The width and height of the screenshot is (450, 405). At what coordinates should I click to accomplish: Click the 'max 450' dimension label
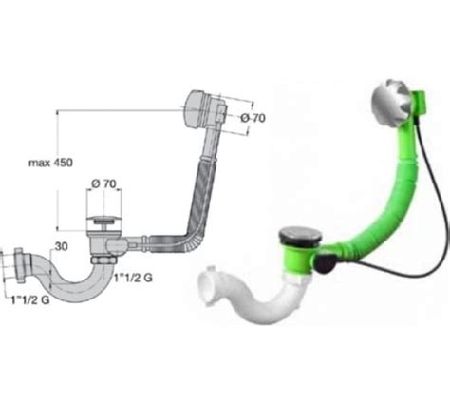pyautogui.click(x=50, y=163)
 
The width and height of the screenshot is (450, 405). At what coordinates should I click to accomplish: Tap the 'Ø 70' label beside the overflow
pyautogui.click(x=253, y=118)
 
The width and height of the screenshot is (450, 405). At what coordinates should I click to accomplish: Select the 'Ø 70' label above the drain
pyautogui.click(x=103, y=183)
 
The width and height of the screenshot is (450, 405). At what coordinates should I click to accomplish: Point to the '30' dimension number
pyautogui.click(x=61, y=246)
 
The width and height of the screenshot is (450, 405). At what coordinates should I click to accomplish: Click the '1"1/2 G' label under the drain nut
pyautogui.click(x=133, y=278)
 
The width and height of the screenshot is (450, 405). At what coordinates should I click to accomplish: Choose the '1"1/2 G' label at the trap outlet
pyautogui.click(x=30, y=299)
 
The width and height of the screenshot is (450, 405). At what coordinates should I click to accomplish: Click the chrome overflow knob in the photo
pyautogui.click(x=392, y=101)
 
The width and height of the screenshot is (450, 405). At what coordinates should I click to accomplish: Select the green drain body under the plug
pyautogui.click(x=299, y=260)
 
